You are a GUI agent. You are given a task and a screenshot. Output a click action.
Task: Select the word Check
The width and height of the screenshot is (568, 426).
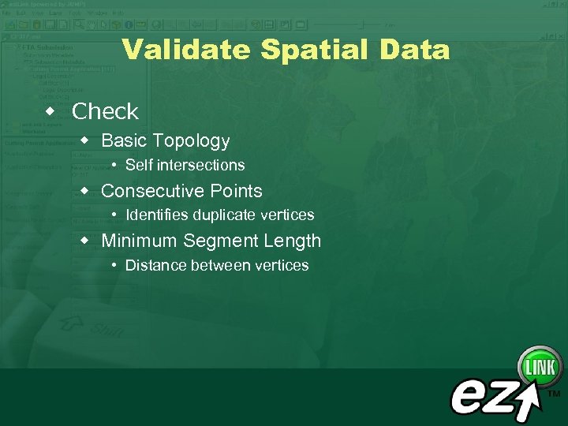click(x=105, y=112)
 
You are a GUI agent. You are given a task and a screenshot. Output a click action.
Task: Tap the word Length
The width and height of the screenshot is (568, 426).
click(x=291, y=241)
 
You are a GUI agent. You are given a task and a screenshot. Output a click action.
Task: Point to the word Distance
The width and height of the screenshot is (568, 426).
click(x=154, y=266)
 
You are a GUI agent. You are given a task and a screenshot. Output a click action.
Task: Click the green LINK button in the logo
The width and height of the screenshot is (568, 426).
click(x=540, y=367)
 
